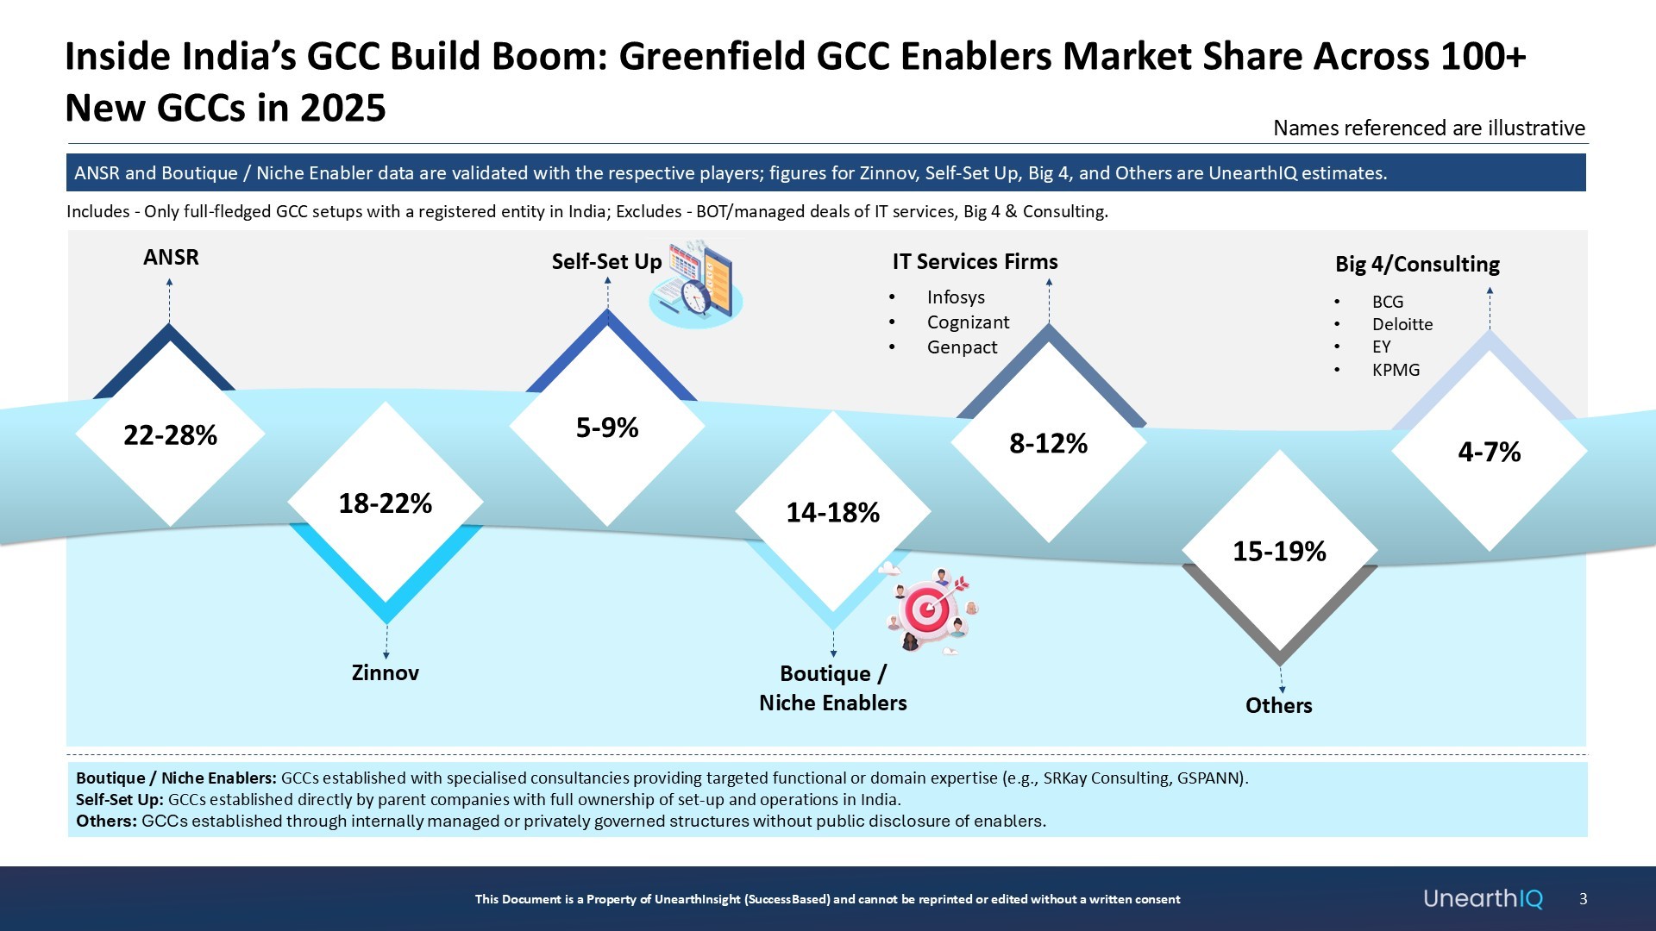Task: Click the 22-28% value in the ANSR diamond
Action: coord(170,435)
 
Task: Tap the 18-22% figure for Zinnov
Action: coord(385,503)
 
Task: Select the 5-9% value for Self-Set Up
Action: coord(607,428)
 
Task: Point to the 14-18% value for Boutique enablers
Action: coord(832,513)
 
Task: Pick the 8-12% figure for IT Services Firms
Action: coord(1048,444)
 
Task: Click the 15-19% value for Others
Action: coord(1279,552)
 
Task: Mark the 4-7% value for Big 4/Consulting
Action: coord(1489,452)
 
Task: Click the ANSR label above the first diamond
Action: coord(171,257)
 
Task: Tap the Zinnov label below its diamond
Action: coord(385,672)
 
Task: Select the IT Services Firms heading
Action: coord(975,261)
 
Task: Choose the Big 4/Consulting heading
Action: coord(1417,264)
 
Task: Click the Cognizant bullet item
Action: coord(968,322)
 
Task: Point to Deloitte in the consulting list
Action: coord(1402,324)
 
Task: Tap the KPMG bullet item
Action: coord(1396,370)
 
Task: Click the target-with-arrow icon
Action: coord(930,610)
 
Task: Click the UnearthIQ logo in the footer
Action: coord(1483,898)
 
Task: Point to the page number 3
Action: coord(1583,898)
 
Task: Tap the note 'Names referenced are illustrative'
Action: coord(1428,128)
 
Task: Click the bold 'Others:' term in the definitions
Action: coord(106,821)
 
